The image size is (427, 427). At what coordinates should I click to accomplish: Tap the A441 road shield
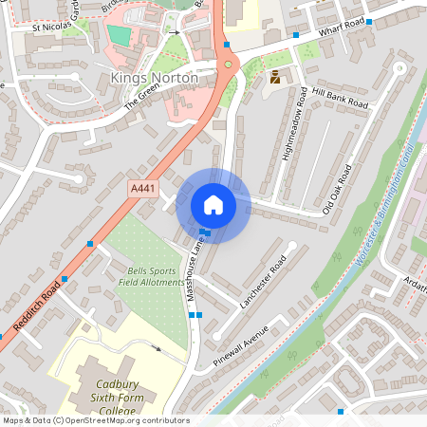(142, 190)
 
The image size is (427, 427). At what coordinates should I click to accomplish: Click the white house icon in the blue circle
(213, 204)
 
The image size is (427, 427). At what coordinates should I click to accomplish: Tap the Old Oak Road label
(336, 189)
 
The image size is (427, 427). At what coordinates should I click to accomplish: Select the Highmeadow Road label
(296, 124)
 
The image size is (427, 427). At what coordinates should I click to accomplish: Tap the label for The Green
(144, 100)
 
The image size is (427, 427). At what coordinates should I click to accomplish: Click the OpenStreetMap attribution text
(96, 420)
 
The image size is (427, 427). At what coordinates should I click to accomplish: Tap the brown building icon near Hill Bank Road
(275, 78)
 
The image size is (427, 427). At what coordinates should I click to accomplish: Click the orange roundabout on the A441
(228, 64)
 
